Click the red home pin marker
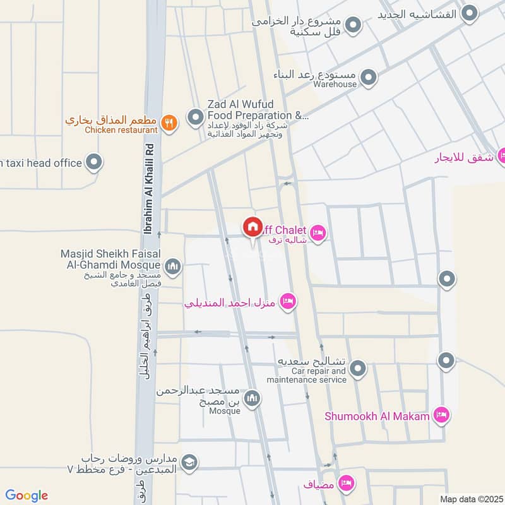tap(252, 227)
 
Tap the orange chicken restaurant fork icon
tap(168, 123)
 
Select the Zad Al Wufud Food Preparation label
tap(256, 110)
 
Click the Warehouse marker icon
tap(369, 79)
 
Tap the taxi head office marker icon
tap(94, 163)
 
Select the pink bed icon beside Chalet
tap(319, 234)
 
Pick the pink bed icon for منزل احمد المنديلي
tap(288, 301)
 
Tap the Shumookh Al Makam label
tap(377, 415)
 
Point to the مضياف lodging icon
tap(345, 483)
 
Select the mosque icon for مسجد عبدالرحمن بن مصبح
tap(253, 399)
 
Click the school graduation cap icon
tap(189, 463)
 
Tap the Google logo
tap(27, 496)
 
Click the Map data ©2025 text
tap(470, 499)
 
